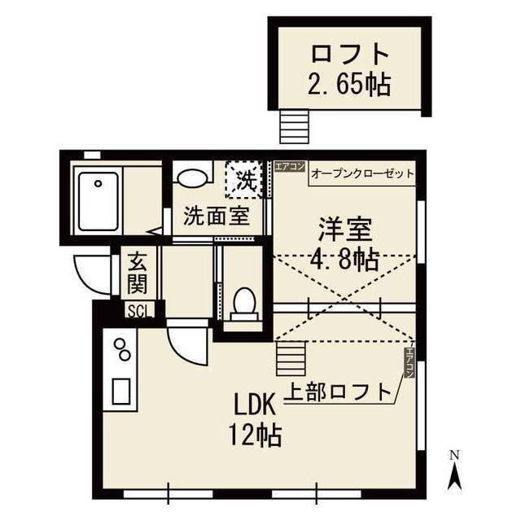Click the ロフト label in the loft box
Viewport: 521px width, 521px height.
click(349, 55)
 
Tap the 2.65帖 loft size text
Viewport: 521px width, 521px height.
click(349, 83)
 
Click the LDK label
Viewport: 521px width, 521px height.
click(255, 404)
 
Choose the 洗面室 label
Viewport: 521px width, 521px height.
click(216, 217)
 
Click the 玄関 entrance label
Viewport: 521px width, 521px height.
click(137, 273)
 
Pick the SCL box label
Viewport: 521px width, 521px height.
click(137, 310)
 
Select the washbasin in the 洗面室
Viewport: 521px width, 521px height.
click(190, 177)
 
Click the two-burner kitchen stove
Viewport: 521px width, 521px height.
click(123, 348)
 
